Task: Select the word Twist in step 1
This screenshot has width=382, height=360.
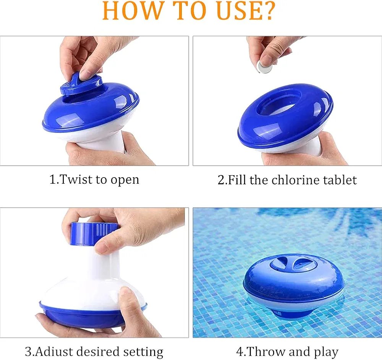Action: click(x=76, y=179)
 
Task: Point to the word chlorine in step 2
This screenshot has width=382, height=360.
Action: click(x=296, y=180)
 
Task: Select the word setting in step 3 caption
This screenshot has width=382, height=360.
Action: click(x=143, y=352)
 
